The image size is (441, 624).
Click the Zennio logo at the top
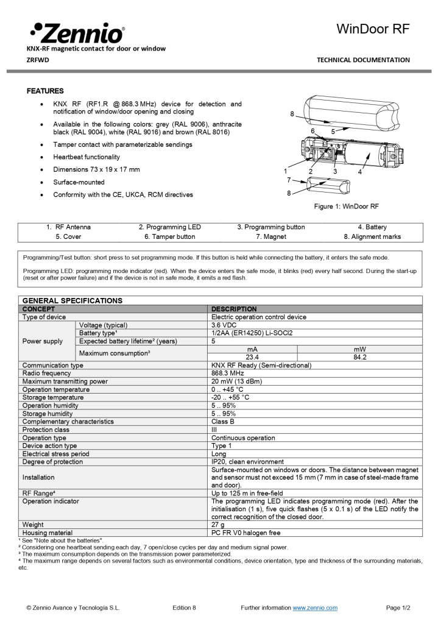[76, 32]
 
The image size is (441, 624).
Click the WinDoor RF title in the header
[373, 30]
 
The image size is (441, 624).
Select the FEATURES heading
[45, 91]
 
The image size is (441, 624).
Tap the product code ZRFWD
[38, 60]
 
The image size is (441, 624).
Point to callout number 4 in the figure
[360, 172]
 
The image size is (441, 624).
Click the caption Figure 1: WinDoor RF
[346, 207]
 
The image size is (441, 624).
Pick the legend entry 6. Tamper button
[169, 236]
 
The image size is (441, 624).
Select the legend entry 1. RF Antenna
[68, 227]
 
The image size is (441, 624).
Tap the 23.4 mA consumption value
[252, 357]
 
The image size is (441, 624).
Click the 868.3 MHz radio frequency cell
[227, 373]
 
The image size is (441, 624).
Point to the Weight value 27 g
[218, 524]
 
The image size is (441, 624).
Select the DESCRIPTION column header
[234, 309]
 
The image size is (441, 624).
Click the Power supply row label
[43, 341]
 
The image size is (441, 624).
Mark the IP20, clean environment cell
[247, 461]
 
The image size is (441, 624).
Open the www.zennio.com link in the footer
[315, 608]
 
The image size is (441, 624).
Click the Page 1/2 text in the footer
[398, 608]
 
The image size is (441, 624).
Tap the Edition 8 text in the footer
[184, 608]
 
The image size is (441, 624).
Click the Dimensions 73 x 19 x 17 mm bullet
[96, 169]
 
